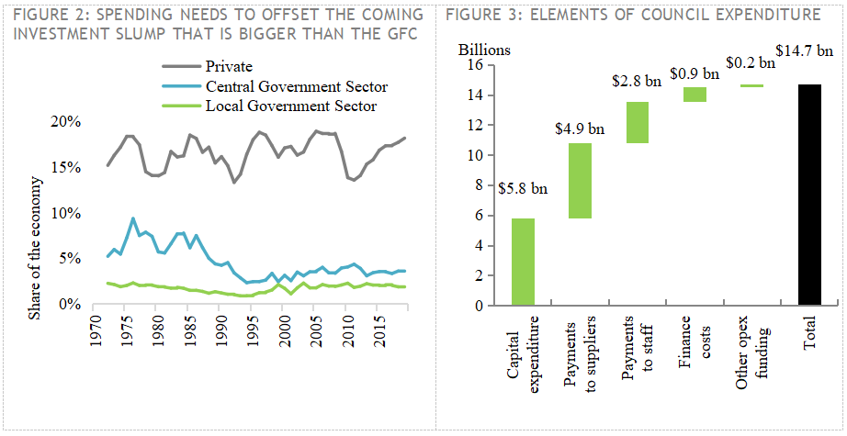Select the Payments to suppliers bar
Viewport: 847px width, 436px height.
579,181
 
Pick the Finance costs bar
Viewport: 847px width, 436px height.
695,95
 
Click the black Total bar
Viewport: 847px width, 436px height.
810,194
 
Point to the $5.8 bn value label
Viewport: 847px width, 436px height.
523,189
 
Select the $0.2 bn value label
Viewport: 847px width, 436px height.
751,63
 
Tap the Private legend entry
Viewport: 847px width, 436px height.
228,65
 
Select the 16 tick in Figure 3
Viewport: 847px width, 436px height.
475,65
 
